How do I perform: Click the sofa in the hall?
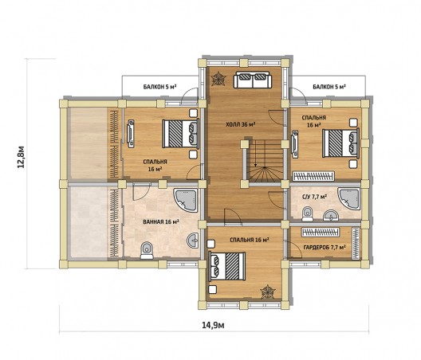tap(253, 80)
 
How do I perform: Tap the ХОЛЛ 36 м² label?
tap(240, 124)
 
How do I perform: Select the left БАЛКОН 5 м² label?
tap(159, 87)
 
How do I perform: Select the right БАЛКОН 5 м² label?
tap(329, 87)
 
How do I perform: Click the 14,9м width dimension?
tap(213, 326)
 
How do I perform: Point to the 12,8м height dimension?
tap(22, 157)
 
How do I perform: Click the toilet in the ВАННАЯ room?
tap(147, 251)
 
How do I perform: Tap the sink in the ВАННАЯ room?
tap(193, 240)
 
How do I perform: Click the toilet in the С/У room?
tap(308, 213)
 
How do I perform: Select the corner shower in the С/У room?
tap(349, 199)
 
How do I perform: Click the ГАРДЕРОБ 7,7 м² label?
tap(325, 248)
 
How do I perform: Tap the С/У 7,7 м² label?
tap(314, 197)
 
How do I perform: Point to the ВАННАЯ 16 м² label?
tap(161, 222)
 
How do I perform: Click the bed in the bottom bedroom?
tap(227, 266)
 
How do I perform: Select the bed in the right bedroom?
tap(341, 143)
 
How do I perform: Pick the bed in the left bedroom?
tap(181, 133)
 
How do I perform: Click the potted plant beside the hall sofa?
tap(218, 79)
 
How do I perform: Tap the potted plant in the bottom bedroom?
tap(268, 292)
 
